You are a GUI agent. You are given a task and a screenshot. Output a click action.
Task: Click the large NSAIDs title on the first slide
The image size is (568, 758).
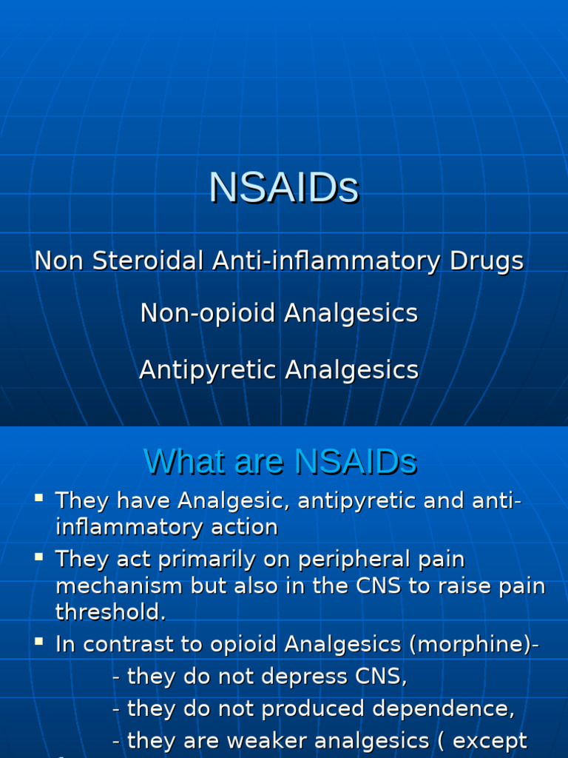(x=284, y=187)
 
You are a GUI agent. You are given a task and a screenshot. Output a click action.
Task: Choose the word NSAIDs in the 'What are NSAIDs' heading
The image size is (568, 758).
(x=356, y=462)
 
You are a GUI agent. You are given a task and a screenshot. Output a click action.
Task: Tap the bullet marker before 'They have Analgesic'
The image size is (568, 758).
(x=39, y=498)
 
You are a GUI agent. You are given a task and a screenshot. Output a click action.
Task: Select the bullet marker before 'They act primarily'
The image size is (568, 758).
(x=39, y=556)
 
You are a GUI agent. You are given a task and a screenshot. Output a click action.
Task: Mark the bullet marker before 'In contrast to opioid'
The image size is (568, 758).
(x=39, y=642)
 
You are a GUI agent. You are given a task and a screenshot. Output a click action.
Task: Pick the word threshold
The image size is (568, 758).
(x=108, y=613)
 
